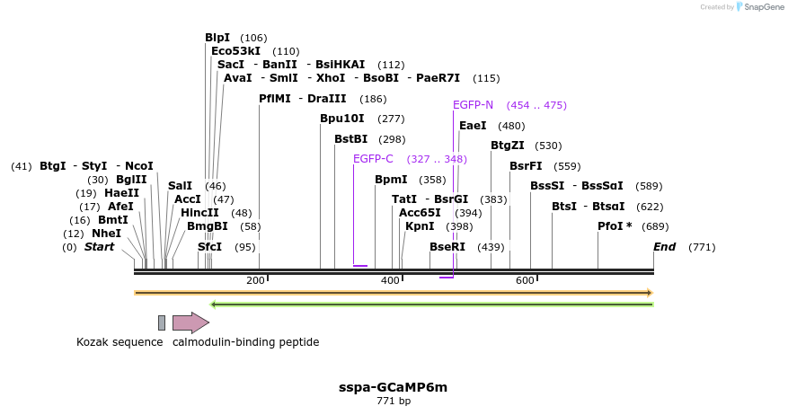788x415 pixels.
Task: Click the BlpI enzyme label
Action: click(x=217, y=38)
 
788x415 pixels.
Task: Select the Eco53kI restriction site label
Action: click(x=235, y=51)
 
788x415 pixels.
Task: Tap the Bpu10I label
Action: click(x=342, y=119)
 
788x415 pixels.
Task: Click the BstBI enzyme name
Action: click(x=350, y=139)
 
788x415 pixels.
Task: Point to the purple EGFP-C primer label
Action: click(x=373, y=159)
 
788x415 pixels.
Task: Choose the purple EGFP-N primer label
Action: click(x=473, y=105)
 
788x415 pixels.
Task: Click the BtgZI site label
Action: click(x=508, y=146)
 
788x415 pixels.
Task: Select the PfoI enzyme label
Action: click(x=615, y=226)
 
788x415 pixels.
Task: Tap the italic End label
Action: click(x=664, y=247)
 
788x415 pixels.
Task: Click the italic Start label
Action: click(x=99, y=247)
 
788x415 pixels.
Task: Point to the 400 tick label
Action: click(x=390, y=281)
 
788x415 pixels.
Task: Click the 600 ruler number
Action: click(x=525, y=281)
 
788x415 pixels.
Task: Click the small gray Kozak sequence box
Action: click(x=162, y=322)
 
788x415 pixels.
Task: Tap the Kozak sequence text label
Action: click(x=120, y=342)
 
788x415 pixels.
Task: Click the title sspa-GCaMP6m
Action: click(x=393, y=387)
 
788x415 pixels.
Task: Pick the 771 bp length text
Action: click(x=394, y=401)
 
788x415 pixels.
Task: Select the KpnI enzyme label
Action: click(x=420, y=226)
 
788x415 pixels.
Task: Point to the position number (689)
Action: click(x=656, y=226)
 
